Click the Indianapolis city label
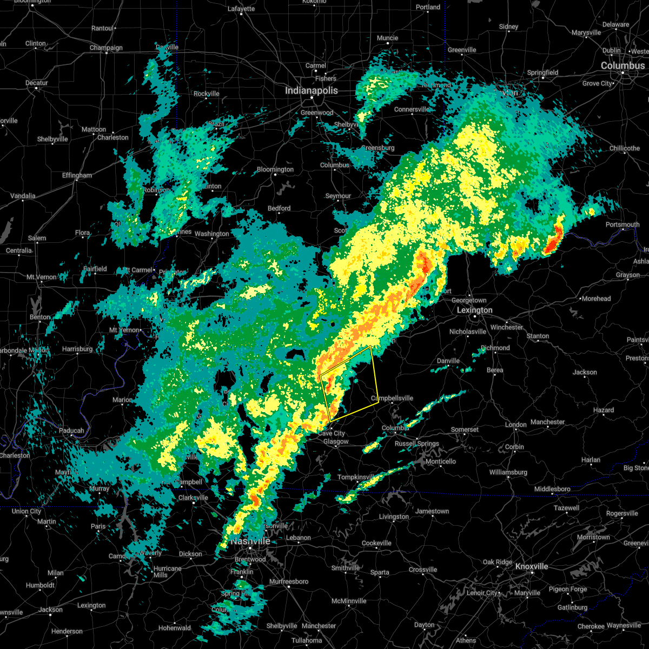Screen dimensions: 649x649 (311, 91)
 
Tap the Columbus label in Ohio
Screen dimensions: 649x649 (622, 65)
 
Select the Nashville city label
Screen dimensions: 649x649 (250, 541)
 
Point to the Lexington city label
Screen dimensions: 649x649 (474, 310)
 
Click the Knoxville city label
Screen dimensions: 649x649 (531, 566)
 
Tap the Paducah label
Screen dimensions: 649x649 (71, 431)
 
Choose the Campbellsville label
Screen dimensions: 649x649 (392, 398)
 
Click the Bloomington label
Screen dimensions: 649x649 (275, 169)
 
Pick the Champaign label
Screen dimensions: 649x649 (106, 48)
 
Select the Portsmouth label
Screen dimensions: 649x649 (622, 224)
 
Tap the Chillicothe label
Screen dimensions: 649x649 (624, 148)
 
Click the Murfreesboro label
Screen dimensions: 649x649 (289, 581)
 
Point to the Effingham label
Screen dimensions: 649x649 (77, 175)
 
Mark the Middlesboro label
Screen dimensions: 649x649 (552, 489)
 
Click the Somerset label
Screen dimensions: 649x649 (465, 429)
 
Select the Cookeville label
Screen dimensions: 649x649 (376, 543)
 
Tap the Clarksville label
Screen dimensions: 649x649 (193, 498)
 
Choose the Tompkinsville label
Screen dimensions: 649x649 (356, 477)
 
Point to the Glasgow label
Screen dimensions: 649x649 (336, 441)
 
